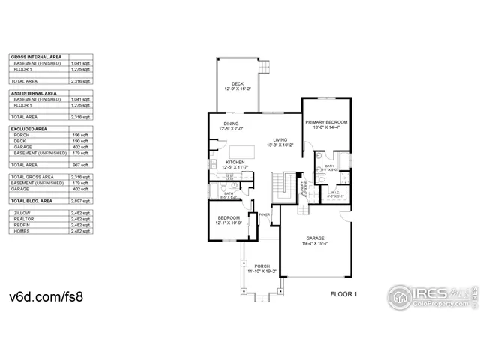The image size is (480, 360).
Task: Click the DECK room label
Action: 237,83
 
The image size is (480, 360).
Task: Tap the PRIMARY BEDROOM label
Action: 327,121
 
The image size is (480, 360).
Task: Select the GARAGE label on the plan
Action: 314,238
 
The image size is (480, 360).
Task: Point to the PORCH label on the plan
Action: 262,266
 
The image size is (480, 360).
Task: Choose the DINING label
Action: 232,124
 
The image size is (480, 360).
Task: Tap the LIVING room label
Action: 280,139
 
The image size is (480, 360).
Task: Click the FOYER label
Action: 264,215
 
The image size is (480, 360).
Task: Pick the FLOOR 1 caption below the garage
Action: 345,294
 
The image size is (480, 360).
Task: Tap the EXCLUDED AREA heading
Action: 26,128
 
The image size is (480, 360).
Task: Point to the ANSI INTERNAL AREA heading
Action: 33,93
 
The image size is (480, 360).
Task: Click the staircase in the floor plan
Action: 282,186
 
